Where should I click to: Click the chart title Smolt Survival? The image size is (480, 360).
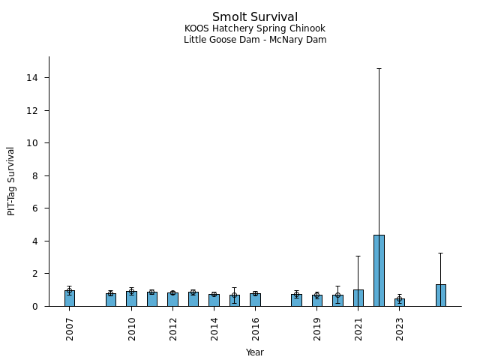(x=255, y=17)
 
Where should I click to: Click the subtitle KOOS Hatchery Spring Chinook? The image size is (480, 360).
(x=255, y=29)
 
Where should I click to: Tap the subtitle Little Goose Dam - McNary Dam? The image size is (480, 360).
(x=255, y=40)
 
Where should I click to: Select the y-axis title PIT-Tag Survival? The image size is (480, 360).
(x=12, y=181)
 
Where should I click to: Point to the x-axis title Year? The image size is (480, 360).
(x=255, y=352)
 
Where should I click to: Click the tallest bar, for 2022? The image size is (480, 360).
(x=379, y=271)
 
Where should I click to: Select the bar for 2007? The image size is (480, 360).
(x=70, y=298)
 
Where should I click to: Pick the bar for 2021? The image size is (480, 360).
(x=358, y=298)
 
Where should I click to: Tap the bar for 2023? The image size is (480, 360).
(x=400, y=302)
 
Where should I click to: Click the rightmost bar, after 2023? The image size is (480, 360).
(x=441, y=295)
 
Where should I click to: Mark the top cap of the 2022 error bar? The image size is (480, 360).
(x=379, y=69)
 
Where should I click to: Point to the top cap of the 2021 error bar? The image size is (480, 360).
(x=358, y=256)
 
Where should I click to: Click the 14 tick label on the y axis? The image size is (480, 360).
(x=34, y=78)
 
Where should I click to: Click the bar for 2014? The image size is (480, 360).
(x=214, y=300)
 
